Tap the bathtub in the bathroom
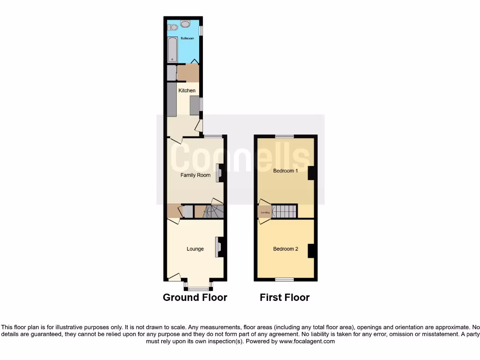[172, 50]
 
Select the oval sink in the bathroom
[186, 24]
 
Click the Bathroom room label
[187, 38]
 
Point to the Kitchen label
[187, 90]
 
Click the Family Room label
[195, 175]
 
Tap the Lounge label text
[195, 249]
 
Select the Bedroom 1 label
[285, 171]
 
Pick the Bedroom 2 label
[285, 249]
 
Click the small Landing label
[265, 212]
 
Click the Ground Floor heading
[195, 298]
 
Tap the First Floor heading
[285, 298]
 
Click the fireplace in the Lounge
[218, 247]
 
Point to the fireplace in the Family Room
[218, 172]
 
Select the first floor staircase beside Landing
[284, 211]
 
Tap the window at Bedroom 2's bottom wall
[285, 280]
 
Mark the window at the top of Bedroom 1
[285, 136]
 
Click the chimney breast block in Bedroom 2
[311, 251]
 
